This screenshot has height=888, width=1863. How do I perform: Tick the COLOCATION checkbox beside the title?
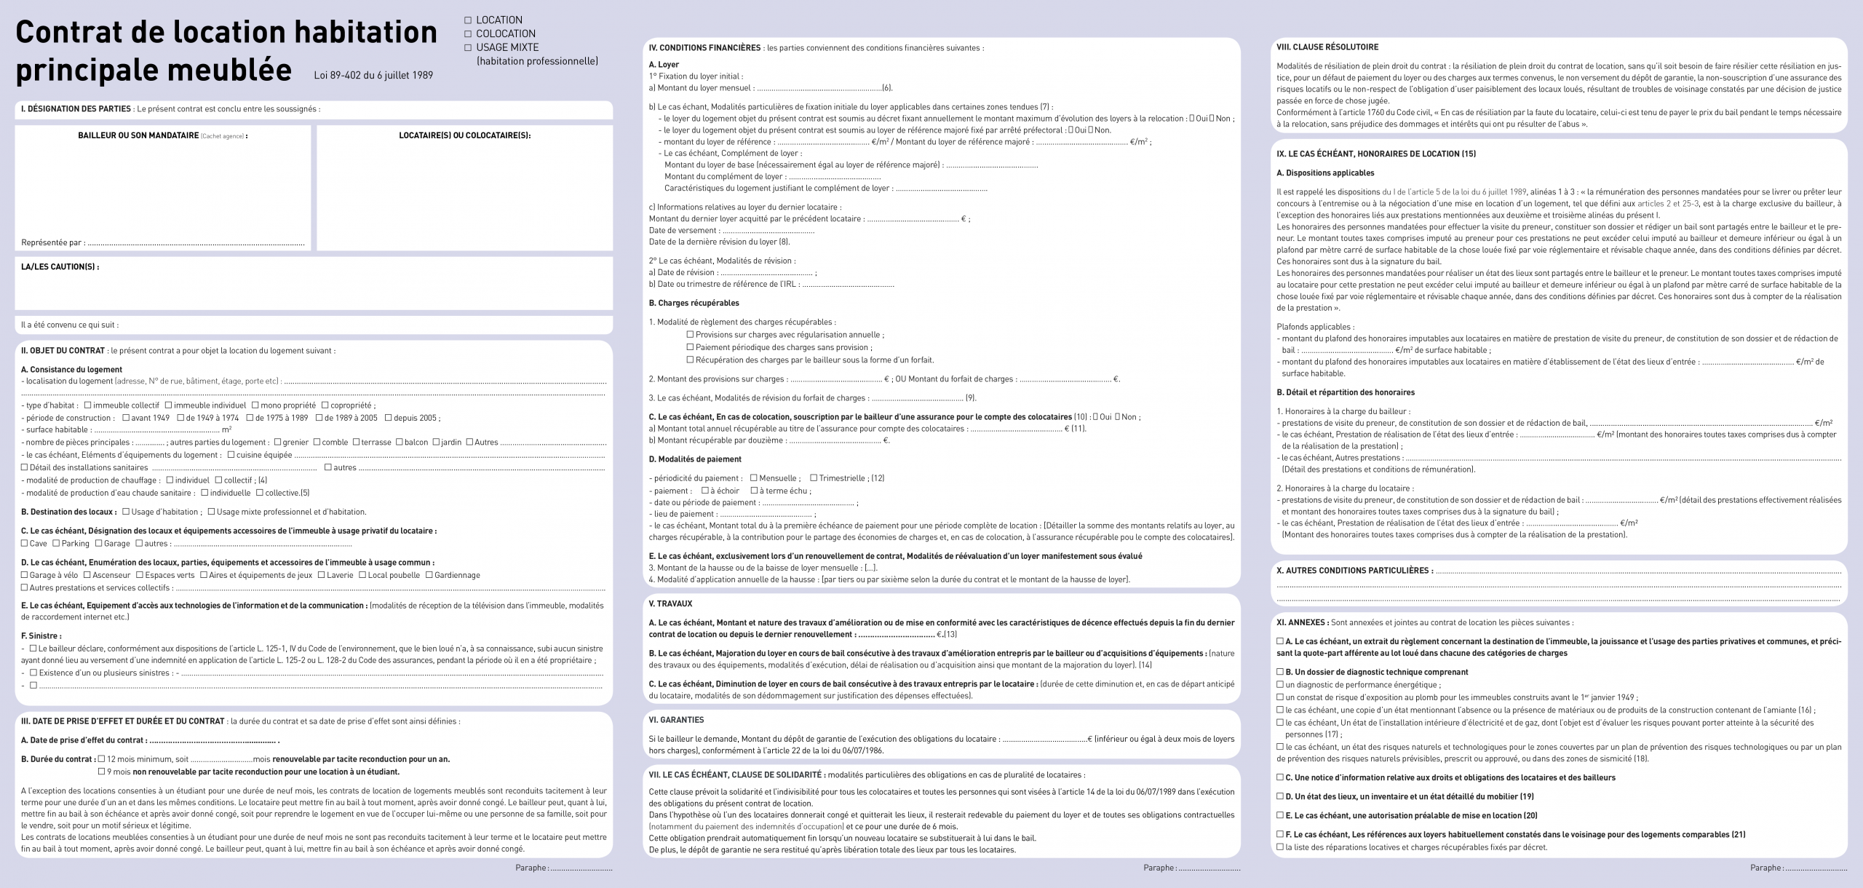tap(469, 34)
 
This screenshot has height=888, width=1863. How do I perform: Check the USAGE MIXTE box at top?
tap(469, 48)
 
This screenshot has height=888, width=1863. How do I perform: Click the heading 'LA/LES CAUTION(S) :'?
tap(60, 267)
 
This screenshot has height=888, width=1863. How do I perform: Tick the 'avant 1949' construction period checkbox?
tap(126, 418)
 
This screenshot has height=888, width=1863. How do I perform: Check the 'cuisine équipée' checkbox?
tap(231, 455)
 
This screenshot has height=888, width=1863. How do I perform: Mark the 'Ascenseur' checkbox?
tap(87, 575)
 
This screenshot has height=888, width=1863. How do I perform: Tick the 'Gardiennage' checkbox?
tap(429, 575)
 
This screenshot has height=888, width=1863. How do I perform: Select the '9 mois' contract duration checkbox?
tap(102, 772)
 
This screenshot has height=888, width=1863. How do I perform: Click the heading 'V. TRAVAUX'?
tap(670, 603)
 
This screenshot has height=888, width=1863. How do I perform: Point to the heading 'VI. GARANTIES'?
tap(676, 720)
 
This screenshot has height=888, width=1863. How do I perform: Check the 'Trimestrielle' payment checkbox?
tap(814, 478)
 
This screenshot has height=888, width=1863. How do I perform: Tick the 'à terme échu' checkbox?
tap(754, 491)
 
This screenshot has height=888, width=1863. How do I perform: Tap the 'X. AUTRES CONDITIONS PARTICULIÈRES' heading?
tap(1354, 571)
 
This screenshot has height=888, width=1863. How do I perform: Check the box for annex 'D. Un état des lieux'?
tap(1280, 796)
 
